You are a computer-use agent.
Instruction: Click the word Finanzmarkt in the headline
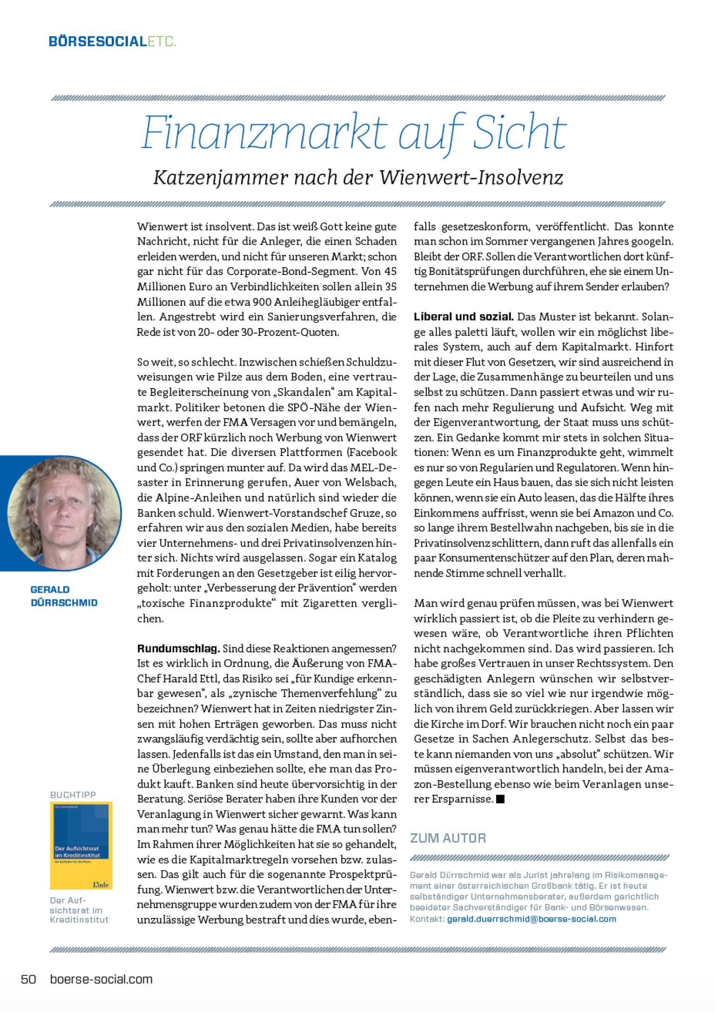[x=264, y=132]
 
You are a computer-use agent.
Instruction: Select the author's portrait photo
[x=64, y=513]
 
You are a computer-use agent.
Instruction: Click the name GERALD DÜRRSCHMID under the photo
[x=64, y=596]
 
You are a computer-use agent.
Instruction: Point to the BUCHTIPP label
[x=73, y=795]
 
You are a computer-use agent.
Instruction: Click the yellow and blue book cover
[x=81, y=845]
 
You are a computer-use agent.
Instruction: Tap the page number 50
[x=28, y=979]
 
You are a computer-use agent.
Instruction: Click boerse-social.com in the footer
[x=101, y=979]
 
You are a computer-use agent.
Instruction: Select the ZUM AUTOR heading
[x=448, y=838]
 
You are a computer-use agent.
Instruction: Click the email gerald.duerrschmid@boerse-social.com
[x=531, y=919]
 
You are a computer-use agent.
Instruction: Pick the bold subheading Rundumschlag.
[x=178, y=648]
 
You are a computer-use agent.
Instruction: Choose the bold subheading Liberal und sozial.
[x=463, y=317]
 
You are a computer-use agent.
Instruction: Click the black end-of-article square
[x=500, y=799]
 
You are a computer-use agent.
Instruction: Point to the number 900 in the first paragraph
[x=262, y=302]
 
